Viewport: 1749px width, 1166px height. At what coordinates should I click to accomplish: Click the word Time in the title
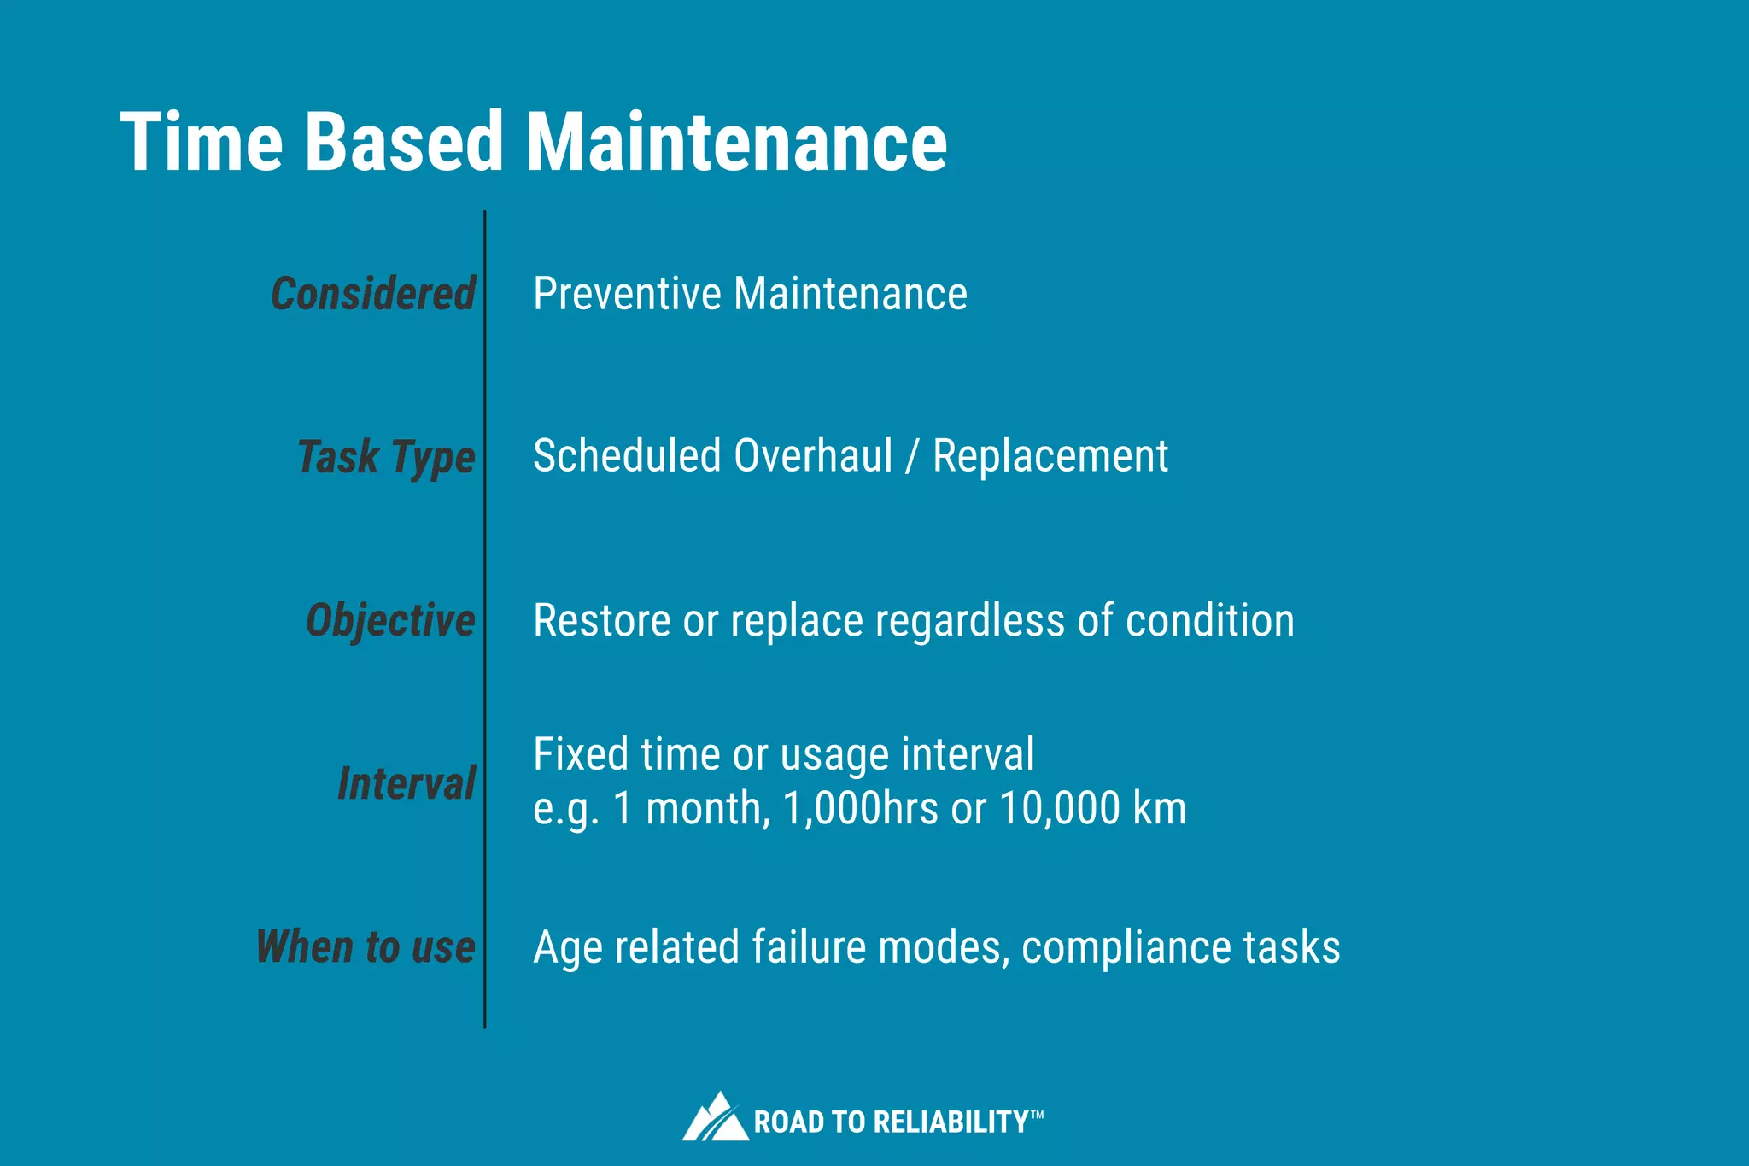pyautogui.click(x=202, y=142)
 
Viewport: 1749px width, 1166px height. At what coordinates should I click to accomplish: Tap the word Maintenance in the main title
pyautogui.click(x=736, y=142)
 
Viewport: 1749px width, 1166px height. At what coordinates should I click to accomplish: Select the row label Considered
pyautogui.click(x=373, y=294)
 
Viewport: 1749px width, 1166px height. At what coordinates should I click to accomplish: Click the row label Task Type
pyautogui.click(x=386, y=457)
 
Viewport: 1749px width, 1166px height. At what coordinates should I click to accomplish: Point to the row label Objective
pyautogui.click(x=390, y=620)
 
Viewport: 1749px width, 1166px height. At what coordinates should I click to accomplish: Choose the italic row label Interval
pyautogui.click(x=407, y=783)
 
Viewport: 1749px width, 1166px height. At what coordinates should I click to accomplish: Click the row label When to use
pyautogui.click(x=366, y=946)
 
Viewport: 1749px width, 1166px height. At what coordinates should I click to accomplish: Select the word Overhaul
pyautogui.click(x=813, y=456)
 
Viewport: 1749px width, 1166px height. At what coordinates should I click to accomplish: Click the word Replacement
pyautogui.click(x=1050, y=456)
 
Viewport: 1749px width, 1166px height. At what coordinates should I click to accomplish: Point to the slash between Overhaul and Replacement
pyautogui.click(x=912, y=456)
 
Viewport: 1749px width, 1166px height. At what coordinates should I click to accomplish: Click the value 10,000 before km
pyautogui.click(x=1059, y=808)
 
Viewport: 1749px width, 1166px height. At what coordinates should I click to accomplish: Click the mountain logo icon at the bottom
pyautogui.click(x=715, y=1117)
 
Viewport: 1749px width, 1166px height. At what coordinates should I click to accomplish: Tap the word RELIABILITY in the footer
pyautogui.click(x=951, y=1122)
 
